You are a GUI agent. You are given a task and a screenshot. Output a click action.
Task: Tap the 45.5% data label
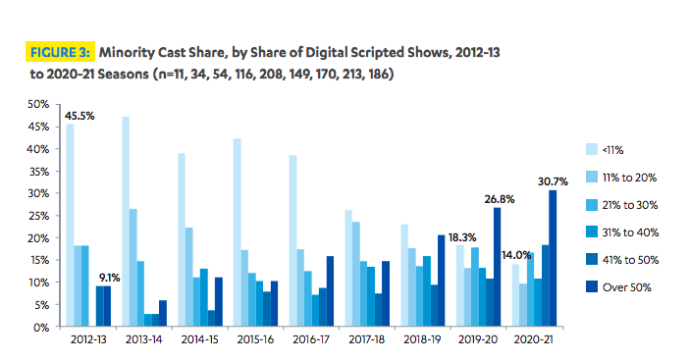(x=80, y=116)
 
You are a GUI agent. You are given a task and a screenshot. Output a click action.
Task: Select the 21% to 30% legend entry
(x=640, y=204)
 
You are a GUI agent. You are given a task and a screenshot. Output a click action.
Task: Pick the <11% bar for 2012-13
(x=69, y=226)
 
